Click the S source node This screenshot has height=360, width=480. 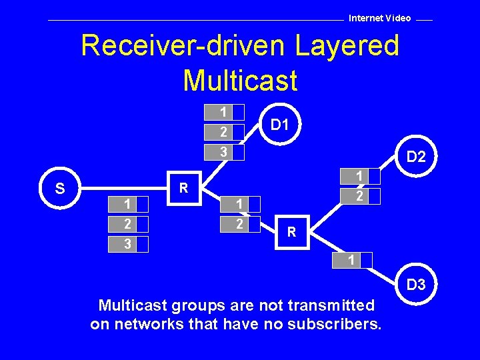tap(60, 189)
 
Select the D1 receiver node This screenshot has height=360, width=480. tap(279, 125)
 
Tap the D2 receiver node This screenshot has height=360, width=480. tap(417, 157)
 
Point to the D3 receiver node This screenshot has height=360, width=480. tap(416, 285)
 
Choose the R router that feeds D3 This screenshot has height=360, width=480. tap(291, 233)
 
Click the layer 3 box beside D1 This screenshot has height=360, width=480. tap(224, 153)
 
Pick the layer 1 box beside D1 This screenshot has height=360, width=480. tap(224, 111)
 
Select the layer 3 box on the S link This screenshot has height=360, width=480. tap(128, 245)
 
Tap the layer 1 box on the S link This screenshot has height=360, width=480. tap(128, 203)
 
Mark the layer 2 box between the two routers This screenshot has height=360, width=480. tap(240, 224)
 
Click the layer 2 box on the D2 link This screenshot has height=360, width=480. tap(360, 196)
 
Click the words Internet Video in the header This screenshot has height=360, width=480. tap(380, 18)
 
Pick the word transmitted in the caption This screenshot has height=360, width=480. tap(333, 305)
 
